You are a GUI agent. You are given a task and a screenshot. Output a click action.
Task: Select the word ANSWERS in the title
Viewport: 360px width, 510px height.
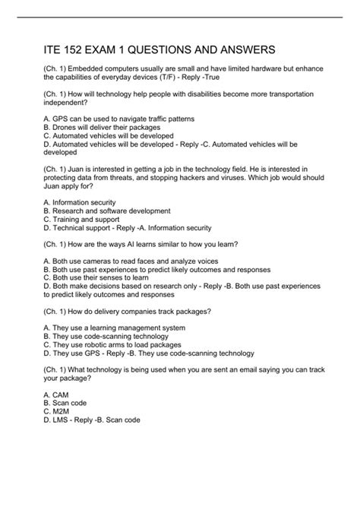(247, 51)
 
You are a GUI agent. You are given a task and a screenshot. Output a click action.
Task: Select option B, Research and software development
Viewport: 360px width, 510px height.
(106, 210)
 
